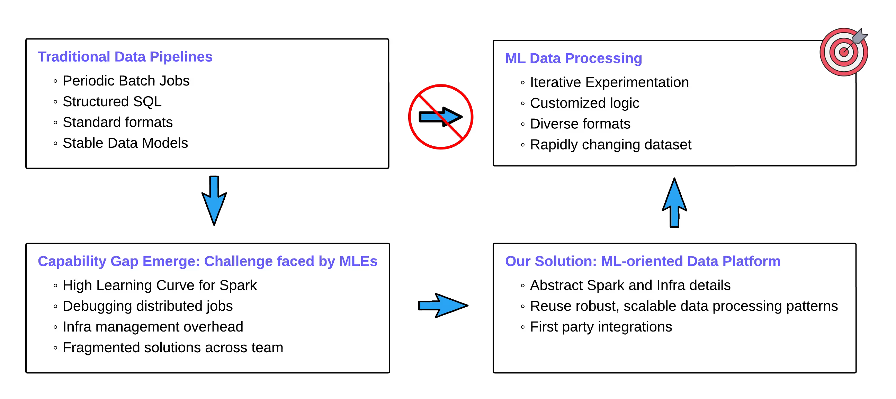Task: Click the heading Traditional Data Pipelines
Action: point(125,57)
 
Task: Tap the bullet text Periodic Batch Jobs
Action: point(126,81)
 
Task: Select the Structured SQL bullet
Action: point(112,102)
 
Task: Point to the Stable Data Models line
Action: point(125,143)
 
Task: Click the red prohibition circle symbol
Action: point(440,117)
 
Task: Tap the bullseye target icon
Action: point(843,52)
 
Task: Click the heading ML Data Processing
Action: point(573,58)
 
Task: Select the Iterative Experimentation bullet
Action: point(609,83)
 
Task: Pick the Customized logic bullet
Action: point(584,103)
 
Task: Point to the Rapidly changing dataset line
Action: point(610,145)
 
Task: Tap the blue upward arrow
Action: point(674,204)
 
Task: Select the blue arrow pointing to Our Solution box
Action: point(442,305)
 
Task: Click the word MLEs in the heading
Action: point(358,261)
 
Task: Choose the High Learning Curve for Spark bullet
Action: point(160,285)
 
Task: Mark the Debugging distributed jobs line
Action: point(147,306)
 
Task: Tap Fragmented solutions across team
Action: point(173,347)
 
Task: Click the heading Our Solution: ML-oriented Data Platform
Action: point(643,261)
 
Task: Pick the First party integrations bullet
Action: point(601,327)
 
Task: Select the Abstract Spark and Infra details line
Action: point(630,285)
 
